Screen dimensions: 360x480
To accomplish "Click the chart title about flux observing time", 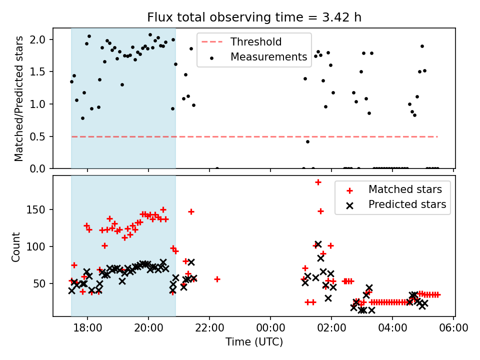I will click(254, 17).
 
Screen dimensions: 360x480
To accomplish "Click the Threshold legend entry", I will click(255, 42).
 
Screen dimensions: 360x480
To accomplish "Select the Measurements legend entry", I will click(268, 57).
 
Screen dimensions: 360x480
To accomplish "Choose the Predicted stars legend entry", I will click(407, 204).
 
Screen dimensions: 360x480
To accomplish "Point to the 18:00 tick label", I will click(87, 328).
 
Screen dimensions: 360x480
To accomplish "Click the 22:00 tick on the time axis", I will click(209, 328).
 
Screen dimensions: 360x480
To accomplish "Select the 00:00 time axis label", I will click(270, 328).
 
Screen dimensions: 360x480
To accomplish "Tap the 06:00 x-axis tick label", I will click(453, 328).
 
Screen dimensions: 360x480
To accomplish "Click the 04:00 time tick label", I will click(392, 328).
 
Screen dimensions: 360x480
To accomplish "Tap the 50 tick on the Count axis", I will click(42, 283).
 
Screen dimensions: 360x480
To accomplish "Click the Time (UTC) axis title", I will click(254, 342).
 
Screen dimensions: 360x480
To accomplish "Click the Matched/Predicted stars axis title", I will click(18, 98).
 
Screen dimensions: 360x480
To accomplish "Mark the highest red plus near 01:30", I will click(318, 182).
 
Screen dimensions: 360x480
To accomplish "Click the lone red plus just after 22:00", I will click(217, 279).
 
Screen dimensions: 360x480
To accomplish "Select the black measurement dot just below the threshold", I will click(307, 141).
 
